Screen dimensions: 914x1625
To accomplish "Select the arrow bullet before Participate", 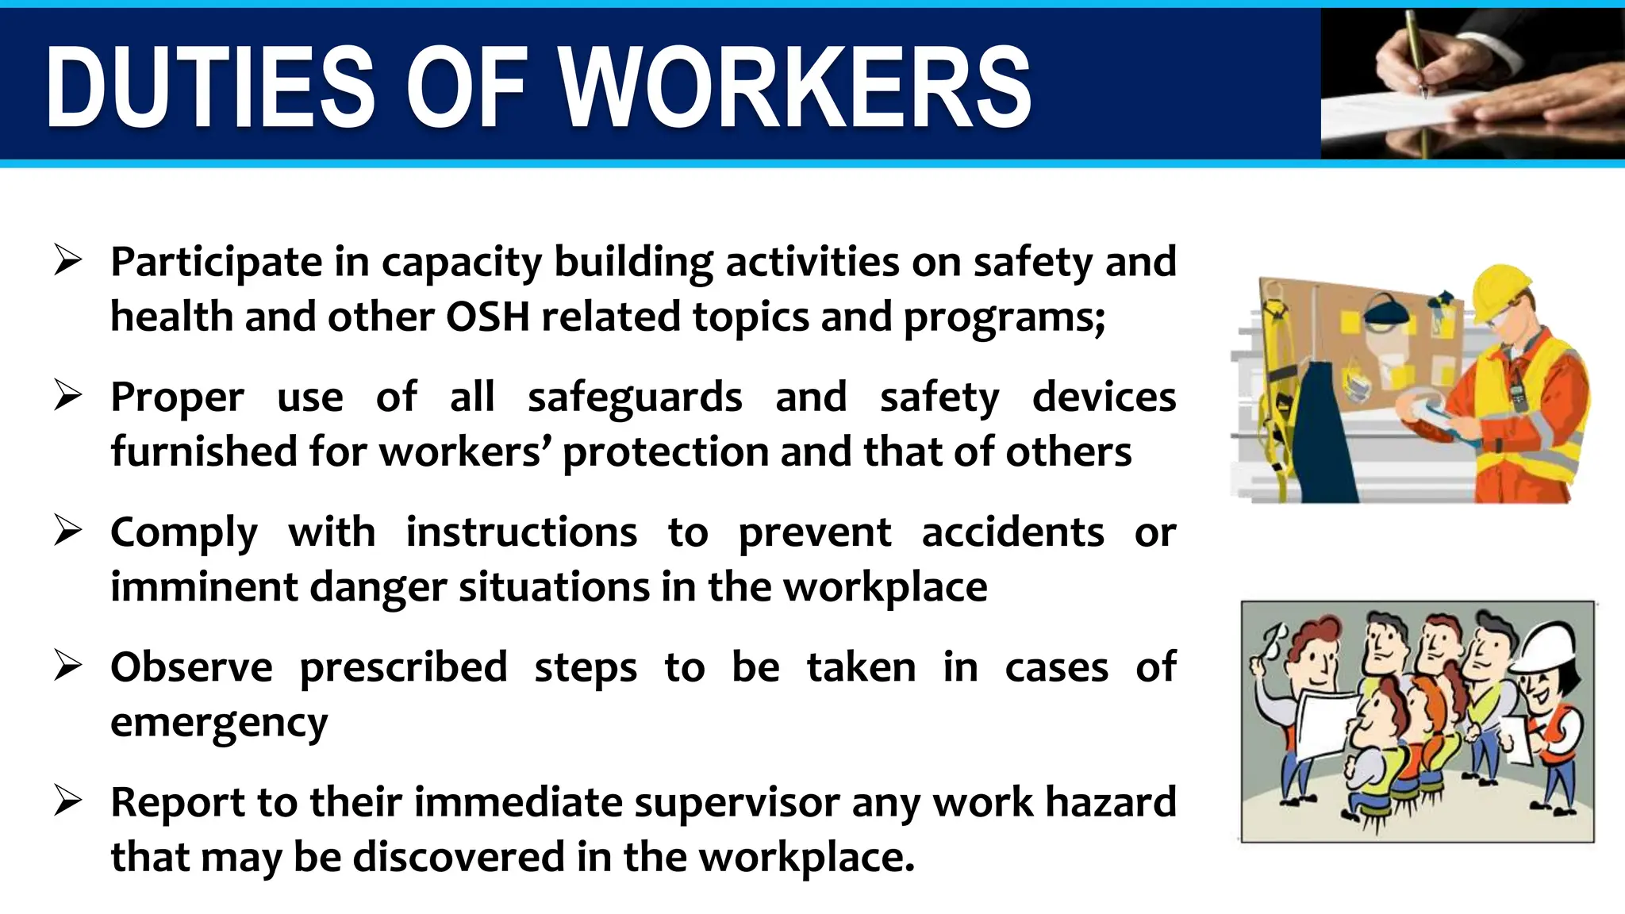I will pos(68,260).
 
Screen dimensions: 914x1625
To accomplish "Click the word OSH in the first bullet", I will pos(487,317).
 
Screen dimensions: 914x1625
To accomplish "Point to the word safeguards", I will pos(635,397).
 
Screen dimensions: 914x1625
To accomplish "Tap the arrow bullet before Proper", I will pos(68,395).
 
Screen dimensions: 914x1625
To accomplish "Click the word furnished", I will pos(204,451).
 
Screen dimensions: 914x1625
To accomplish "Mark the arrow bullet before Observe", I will pos(68,666).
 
